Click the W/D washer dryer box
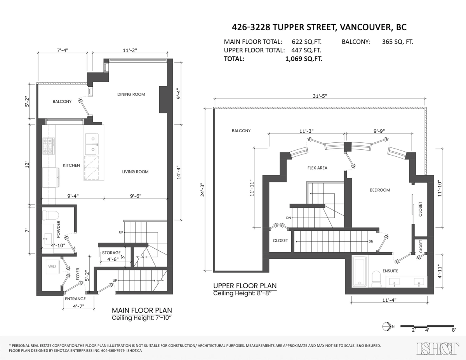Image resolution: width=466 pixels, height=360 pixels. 52,267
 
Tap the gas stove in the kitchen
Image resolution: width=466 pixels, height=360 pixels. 49,146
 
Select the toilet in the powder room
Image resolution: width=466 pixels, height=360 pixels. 50,215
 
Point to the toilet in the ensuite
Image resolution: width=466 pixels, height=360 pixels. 377,279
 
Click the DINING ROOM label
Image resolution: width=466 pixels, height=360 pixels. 131,94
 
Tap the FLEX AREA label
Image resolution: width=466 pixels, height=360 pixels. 317,168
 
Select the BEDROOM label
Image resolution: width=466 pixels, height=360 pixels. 380,190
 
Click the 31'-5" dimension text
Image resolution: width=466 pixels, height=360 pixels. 320,96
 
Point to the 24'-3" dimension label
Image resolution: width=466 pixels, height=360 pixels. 202,190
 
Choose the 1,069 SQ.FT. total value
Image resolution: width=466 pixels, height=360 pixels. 304,59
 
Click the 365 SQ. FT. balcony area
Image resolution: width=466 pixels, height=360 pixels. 398,42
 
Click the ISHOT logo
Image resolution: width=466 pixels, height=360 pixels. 438,348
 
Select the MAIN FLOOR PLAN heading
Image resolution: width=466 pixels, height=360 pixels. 142,310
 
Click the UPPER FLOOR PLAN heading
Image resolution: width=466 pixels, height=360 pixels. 245,286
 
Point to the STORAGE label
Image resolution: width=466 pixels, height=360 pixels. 111,253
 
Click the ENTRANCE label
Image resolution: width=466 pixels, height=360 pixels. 75,299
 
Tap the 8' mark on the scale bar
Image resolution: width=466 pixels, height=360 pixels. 454,330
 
